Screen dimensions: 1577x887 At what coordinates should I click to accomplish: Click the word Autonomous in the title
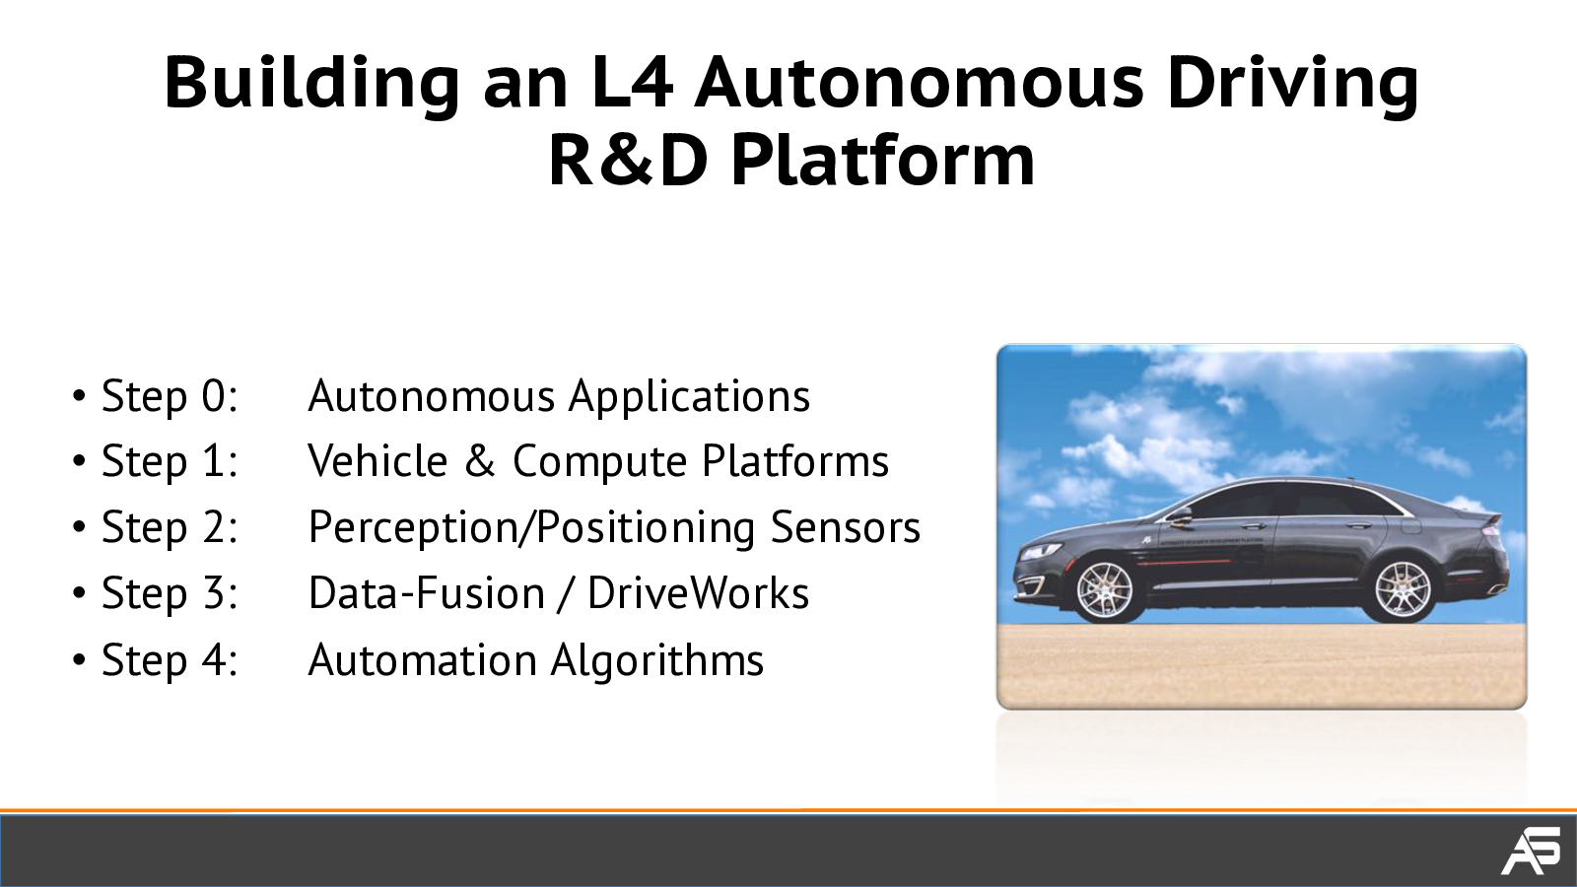click(919, 83)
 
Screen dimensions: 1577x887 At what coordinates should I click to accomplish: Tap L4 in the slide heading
click(633, 83)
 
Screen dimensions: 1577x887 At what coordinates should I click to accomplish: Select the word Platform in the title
click(883, 162)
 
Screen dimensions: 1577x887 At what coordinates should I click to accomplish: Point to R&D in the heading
click(628, 162)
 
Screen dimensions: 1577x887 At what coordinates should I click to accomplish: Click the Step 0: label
click(170, 395)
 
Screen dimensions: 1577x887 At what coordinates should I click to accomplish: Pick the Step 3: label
click(170, 593)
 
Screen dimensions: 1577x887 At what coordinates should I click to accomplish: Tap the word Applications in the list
click(689, 397)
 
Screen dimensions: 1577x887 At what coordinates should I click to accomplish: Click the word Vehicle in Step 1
click(378, 461)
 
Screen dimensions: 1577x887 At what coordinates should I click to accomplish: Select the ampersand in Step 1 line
click(480, 462)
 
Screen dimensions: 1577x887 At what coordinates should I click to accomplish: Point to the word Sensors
click(846, 527)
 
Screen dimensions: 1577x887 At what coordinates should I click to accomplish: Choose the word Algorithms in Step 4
click(657, 661)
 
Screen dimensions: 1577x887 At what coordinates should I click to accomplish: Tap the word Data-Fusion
click(427, 592)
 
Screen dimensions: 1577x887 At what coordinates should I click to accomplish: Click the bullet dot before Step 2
click(80, 528)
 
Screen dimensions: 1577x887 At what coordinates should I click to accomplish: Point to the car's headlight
click(1041, 552)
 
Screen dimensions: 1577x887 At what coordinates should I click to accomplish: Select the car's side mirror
click(1178, 516)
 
